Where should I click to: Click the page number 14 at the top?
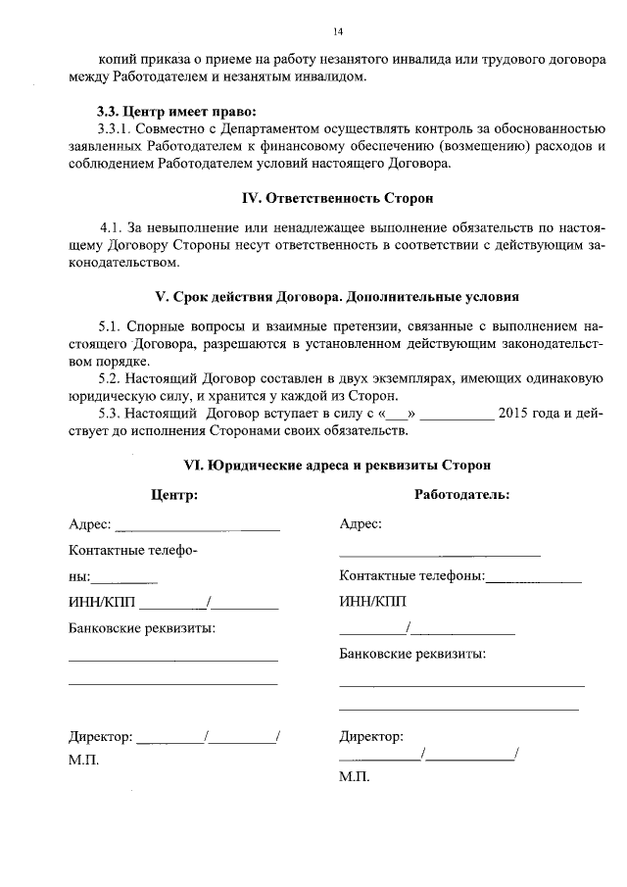338,31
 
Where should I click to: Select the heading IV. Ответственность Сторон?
336,198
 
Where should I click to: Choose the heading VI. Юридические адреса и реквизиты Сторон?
336,464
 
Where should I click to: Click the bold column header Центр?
173,495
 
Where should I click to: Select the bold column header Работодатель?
461,495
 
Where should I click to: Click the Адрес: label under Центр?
90,524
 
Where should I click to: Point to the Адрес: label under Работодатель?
361,524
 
